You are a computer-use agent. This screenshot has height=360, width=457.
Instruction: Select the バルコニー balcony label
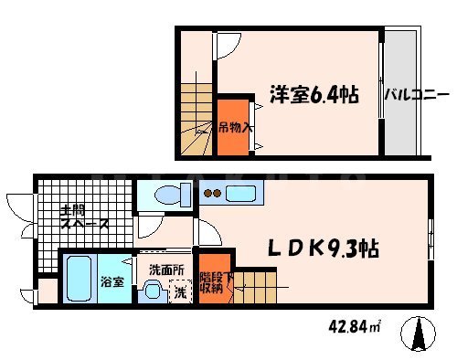click(416, 94)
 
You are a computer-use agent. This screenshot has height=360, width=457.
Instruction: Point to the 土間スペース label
click(83, 217)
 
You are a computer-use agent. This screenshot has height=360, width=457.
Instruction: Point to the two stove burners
click(212, 193)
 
